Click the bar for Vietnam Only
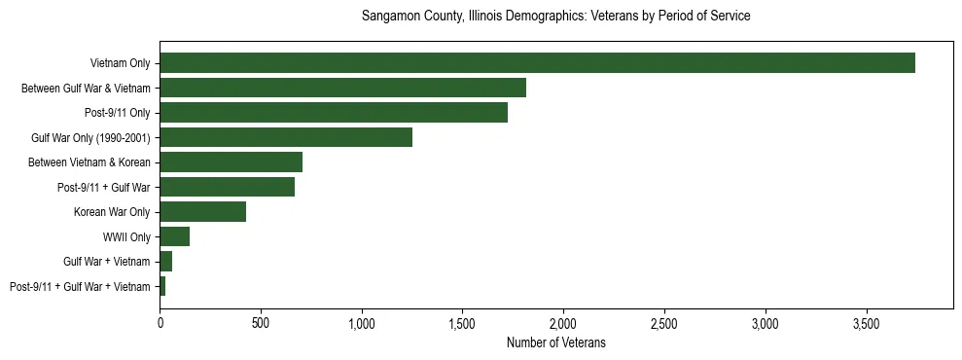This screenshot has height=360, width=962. coord(537,63)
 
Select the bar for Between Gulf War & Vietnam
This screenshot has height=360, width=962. coord(342,88)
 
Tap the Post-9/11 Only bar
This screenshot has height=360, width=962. coord(334,113)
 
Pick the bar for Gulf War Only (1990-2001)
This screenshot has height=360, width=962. coord(286,137)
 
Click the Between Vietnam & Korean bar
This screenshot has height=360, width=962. coord(231,162)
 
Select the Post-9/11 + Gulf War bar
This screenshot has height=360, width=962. coord(227,187)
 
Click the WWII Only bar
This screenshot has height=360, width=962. coord(174,236)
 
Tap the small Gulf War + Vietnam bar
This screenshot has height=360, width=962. coord(165,262)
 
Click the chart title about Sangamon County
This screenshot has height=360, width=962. coord(555,17)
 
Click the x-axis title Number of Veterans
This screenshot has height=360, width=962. coord(555,343)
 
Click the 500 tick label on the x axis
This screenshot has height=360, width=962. coord(261,323)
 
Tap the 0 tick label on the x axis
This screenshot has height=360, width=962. coord(160,323)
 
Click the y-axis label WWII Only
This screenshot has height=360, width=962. coord(126,236)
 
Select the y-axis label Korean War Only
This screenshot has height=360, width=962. coord(112,212)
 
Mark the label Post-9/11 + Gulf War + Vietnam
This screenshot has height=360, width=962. coord(80,287)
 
